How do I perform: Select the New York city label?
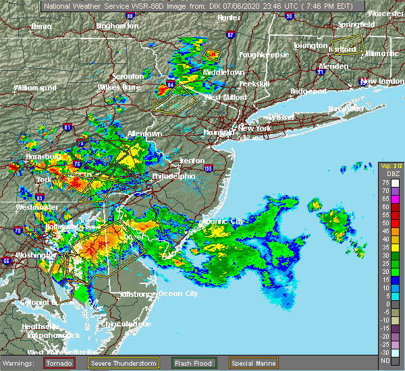(x=254, y=128)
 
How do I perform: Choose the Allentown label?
(x=144, y=134)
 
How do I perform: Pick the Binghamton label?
(x=117, y=26)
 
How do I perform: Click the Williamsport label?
(x=34, y=88)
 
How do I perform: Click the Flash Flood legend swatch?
(x=181, y=363)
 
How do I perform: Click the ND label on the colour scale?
(x=385, y=360)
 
